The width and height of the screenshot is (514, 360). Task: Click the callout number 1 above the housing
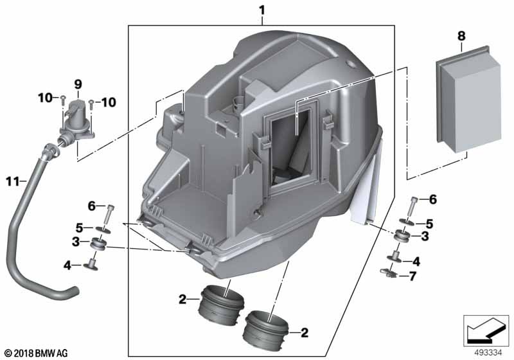pos(262,11)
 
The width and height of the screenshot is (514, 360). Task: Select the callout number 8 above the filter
pos(461,36)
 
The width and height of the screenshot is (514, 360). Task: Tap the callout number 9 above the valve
pos(78,85)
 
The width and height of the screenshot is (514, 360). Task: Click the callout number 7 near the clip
pos(412,276)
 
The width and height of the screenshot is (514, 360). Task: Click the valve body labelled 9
pos(77,121)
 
